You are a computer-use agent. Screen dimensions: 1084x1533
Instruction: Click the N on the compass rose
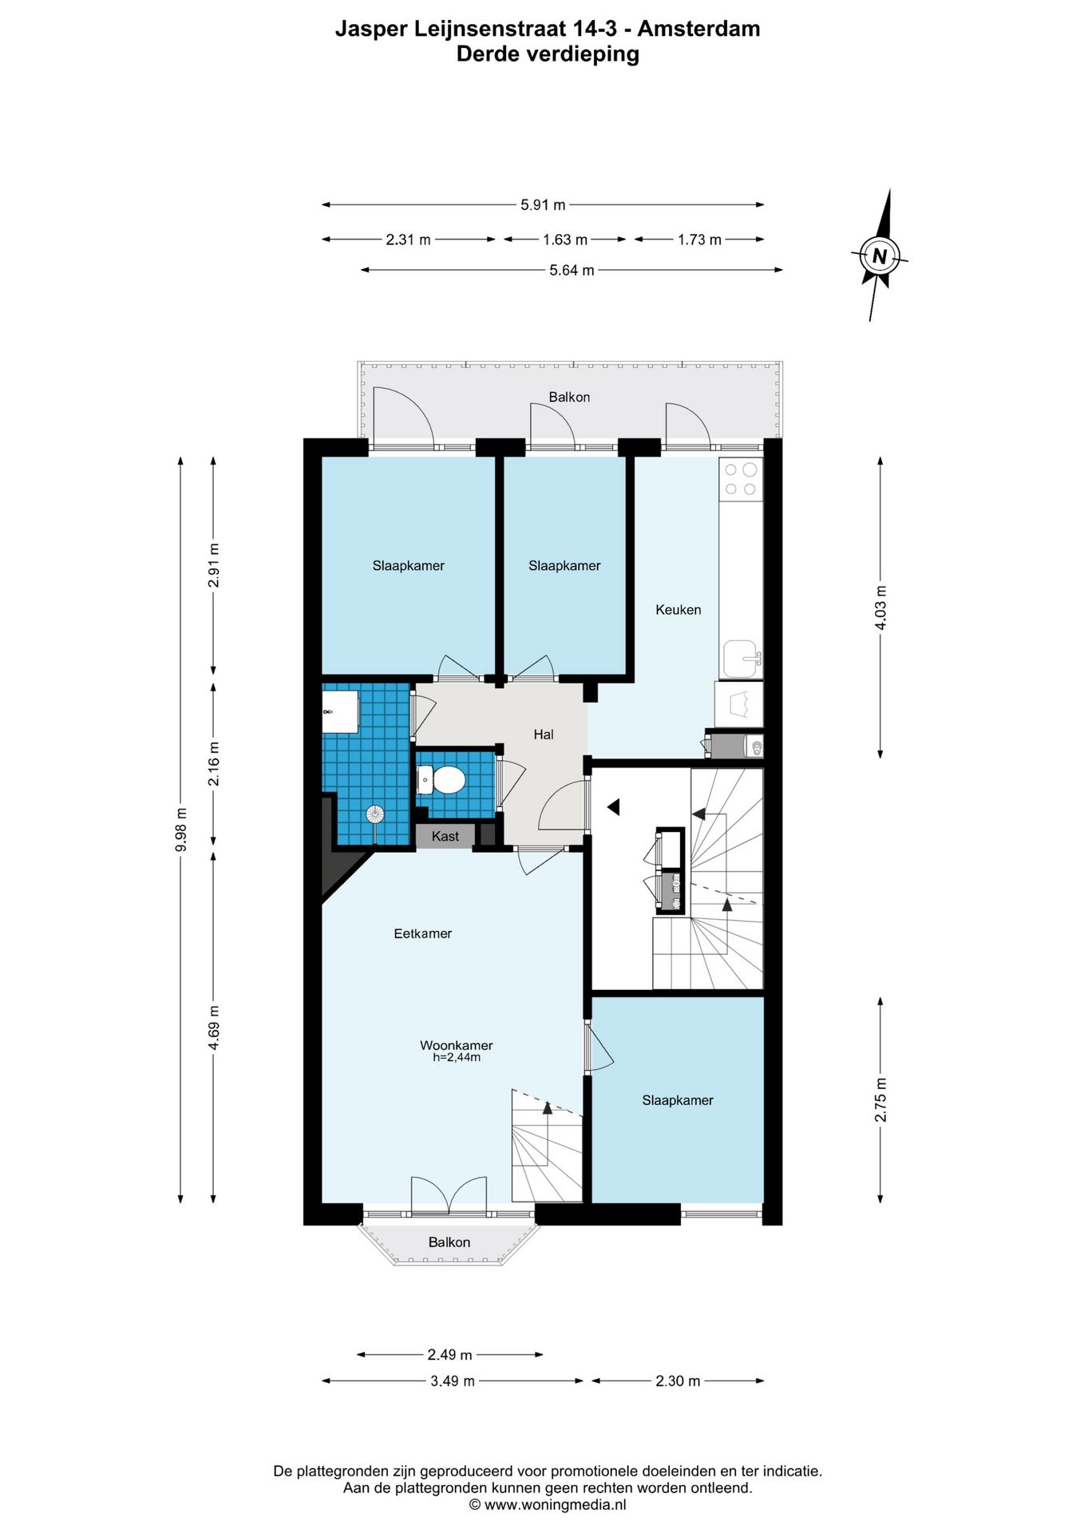pyautogui.click(x=880, y=256)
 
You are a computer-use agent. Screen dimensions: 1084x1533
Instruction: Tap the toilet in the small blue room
pyautogui.click(x=441, y=780)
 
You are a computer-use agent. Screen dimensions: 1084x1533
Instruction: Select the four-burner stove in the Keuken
pyautogui.click(x=740, y=478)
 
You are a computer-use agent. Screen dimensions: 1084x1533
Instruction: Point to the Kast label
pyautogui.click(x=445, y=836)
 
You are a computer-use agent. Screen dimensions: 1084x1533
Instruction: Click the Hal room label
pyautogui.click(x=544, y=735)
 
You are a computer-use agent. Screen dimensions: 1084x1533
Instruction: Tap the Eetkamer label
pyautogui.click(x=423, y=933)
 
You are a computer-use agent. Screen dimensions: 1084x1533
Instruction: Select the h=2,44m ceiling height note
pyautogui.click(x=457, y=1058)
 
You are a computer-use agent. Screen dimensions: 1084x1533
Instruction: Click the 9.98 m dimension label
pyautogui.click(x=181, y=830)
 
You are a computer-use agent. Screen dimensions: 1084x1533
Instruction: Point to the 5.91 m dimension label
pyautogui.click(x=543, y=205)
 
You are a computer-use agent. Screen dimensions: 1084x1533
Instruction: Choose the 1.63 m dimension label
pyautogui.click(x=565, y=240)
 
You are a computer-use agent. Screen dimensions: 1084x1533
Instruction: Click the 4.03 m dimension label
pyautogui.click(x=880, y=608)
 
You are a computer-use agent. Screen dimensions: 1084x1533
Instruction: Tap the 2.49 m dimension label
pyautogui.click(x=449, y=1355)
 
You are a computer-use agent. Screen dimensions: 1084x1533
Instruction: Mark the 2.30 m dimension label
pyautogui.click(x=678, y=1381)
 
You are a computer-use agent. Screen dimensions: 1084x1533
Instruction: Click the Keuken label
pyautogui.click(x=678, y=610)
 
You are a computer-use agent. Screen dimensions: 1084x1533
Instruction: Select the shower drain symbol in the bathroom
pyautogui.click(x=375, y=814)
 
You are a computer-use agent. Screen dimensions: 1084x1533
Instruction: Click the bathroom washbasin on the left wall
pyautogui.click(x=340, y=711)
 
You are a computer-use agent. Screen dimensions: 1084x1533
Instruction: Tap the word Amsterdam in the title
pyautogui.click(x=698, y=29)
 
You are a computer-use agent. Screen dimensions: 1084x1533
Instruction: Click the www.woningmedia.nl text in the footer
pyautogui.click(x=556, y=1505)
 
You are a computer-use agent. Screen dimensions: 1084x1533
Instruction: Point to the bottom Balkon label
pyautogui.click(x=449, y=1242)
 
